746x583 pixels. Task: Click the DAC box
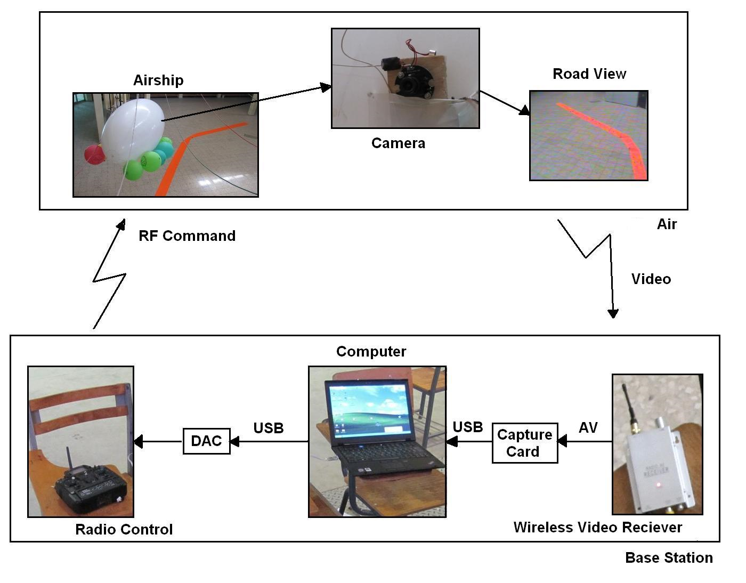coord(206,441)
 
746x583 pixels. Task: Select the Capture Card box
coord(524,443)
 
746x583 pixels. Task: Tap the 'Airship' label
coord(158,80)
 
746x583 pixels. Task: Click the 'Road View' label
coord(589,74)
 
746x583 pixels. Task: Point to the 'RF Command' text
coord(187,236)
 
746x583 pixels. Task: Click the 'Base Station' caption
coord(669,558)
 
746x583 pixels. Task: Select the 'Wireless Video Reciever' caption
coord(597,528)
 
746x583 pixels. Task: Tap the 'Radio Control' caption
coord(124,530)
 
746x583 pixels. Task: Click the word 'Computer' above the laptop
coord(371,352)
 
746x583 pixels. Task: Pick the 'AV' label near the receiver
coord(588,428)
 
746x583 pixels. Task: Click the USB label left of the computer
coord(269,428)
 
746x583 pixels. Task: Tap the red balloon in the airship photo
coord(94,155)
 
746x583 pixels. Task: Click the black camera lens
coord(409,84)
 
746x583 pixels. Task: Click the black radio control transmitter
coord(91,488)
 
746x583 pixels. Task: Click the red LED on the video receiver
coord(659,485)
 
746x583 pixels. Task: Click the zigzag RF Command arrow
coord(109,276)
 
